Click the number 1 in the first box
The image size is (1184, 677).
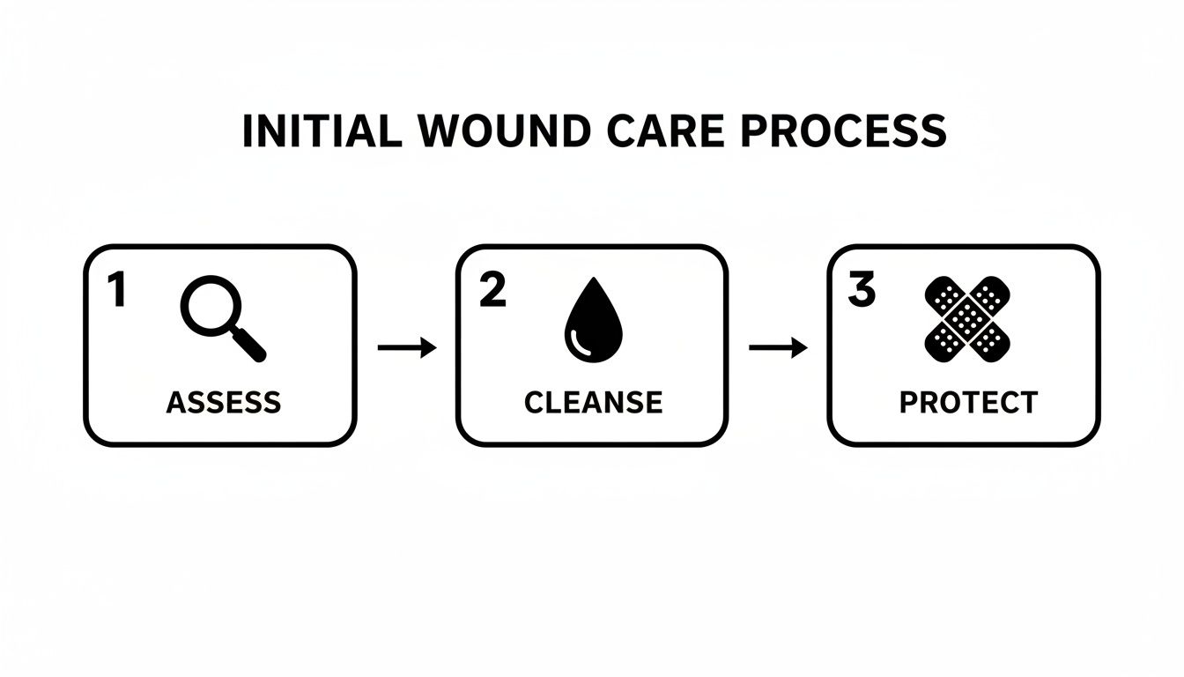click(x=116, y=291)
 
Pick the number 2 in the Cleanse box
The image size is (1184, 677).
click(x=492, y=291)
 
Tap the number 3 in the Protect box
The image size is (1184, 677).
click(x=861, y=291)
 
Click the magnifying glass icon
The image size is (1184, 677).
click(x=220, y=317)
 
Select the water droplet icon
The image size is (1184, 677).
click(x=592, y=323)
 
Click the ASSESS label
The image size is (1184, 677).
click(x=223, y=402)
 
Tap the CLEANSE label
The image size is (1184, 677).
click(x=592, y=402)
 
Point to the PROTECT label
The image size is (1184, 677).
click(x=968, y=402)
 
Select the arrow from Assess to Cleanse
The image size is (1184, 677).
click(x=406, y=348)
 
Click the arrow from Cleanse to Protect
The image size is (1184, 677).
click(x=778, y=348)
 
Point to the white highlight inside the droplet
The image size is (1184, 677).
click(x=577, y=340)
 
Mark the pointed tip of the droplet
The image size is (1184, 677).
click(x=592, y=284)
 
